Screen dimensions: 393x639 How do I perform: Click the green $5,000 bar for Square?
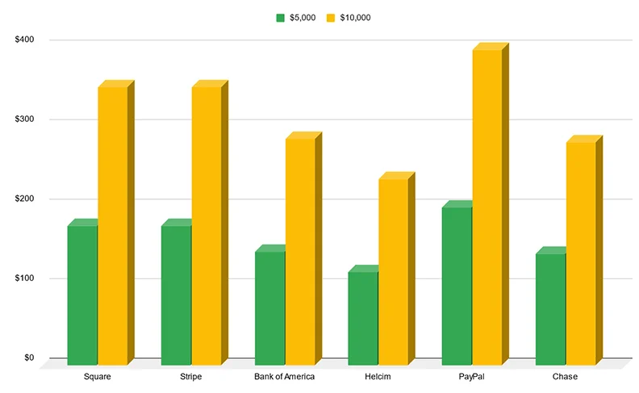tap(82, 295)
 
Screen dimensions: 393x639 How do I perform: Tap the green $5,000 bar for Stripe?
tap(176, 295)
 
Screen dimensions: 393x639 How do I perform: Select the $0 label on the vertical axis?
tap(29, 357)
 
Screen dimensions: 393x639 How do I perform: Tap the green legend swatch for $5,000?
tap(281, 17)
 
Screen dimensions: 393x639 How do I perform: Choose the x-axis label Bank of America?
tap(284, 377)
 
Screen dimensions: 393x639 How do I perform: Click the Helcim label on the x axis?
tap(378, 377)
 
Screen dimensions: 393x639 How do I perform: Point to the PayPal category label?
tap(471, 377)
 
